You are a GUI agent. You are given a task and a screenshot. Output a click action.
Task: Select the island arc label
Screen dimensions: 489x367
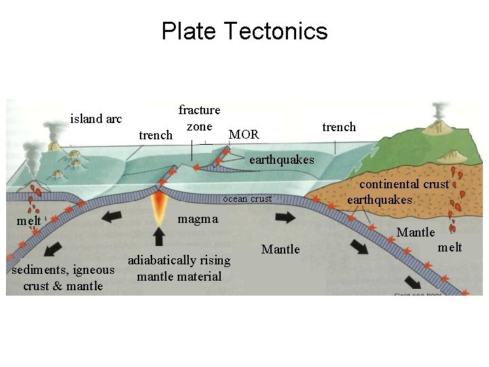coord(96,119)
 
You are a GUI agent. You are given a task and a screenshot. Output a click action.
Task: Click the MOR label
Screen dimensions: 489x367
coord(244,135)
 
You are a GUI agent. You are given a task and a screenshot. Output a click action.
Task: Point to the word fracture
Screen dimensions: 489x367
coord(199,110)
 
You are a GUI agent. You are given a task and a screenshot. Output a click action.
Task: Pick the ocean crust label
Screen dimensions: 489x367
coord(247,199)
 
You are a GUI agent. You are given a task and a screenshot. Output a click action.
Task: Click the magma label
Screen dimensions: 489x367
coord(198,218)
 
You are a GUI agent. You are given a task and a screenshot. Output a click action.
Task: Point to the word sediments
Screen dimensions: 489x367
coord(39,270)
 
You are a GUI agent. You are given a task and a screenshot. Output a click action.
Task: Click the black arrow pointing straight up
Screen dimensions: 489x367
coord(159,236)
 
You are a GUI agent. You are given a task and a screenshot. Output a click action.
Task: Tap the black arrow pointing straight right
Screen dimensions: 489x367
coord(285,217)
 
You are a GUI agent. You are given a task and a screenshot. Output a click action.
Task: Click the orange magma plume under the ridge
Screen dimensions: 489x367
coord(160,204)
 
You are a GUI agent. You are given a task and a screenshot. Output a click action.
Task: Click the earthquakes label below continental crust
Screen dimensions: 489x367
coord(380,200)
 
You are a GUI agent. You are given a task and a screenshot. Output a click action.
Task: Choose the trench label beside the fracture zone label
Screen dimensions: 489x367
coord(156,135)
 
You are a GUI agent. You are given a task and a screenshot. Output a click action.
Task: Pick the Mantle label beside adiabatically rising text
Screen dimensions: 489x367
coord(280,249)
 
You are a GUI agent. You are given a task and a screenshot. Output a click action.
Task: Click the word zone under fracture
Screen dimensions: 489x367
coord(200,126)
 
